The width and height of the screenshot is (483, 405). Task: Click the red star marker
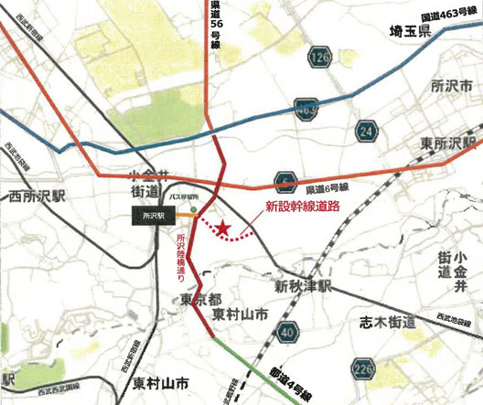(225, 228)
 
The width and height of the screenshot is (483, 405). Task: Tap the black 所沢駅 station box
(149, 216)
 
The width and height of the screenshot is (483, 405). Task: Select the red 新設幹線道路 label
(302, 206)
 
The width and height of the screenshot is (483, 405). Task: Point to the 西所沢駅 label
(37, 195)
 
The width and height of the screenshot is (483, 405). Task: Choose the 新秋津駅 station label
(302, 285)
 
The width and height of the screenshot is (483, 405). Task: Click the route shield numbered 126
(319, 59)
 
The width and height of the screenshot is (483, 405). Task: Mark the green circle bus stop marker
(193, 207)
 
